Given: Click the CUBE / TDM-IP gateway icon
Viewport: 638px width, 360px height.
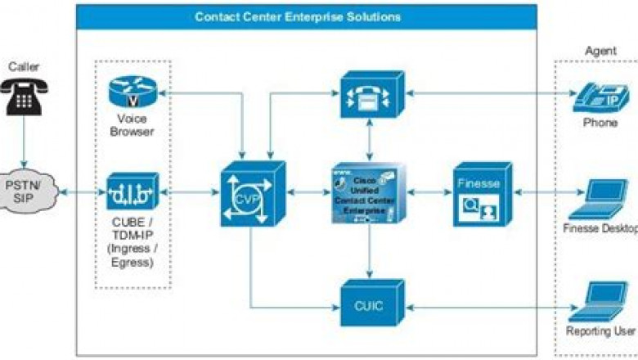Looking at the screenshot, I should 133,192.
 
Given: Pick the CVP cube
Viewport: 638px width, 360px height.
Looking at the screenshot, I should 252,194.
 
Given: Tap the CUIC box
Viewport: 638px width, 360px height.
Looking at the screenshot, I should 365,305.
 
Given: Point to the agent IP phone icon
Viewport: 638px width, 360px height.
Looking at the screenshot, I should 599,96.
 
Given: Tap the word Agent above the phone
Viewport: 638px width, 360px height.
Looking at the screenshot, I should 600,51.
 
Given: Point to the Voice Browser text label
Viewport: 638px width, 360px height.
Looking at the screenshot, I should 131,124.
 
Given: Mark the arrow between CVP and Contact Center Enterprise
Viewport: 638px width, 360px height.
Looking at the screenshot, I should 309,194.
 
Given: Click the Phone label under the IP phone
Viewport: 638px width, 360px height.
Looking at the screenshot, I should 600,123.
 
